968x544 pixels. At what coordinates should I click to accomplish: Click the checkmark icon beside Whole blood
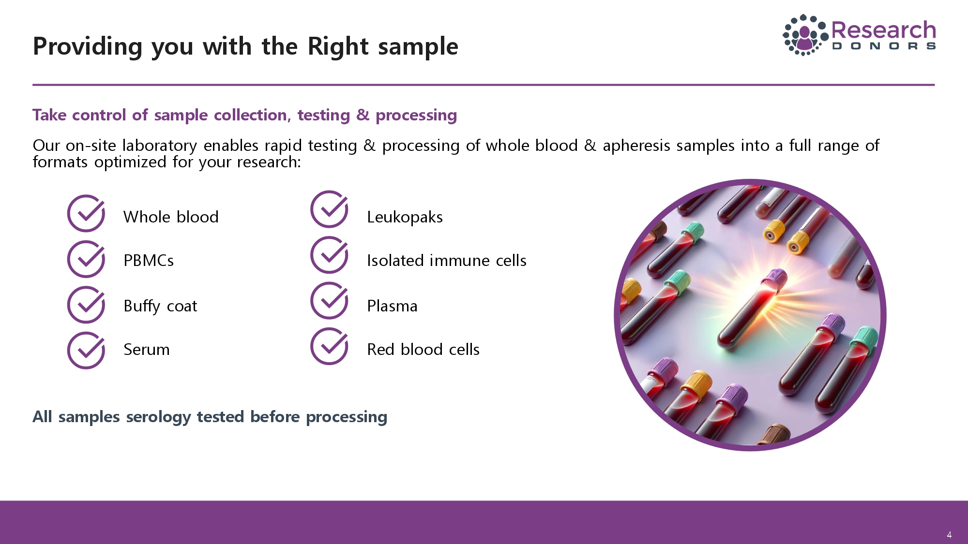coord(86,213)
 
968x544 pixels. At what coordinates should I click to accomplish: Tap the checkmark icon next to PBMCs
coord(86,259)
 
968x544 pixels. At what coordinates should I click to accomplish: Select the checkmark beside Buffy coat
coord(86,305)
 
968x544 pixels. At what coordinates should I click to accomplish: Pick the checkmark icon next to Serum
coord(86,350)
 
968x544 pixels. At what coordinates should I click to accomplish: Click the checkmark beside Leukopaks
coord(329,209)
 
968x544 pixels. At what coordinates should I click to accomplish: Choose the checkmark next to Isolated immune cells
coord(329,255)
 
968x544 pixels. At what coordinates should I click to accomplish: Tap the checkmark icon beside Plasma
coord(329,300)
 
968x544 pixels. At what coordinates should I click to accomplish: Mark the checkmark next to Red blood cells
coord(329,346)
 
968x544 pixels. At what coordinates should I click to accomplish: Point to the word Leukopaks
coord(405,217)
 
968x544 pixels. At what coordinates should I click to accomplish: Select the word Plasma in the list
coord(392,306)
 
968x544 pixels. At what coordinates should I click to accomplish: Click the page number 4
coord(949,535)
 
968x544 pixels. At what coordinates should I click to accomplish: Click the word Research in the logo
coord(884,30)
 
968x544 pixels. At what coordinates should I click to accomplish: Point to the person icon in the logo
coord(804,38)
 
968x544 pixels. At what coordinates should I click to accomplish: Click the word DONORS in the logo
coord(884,46)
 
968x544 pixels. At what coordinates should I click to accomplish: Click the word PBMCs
coord(149,261)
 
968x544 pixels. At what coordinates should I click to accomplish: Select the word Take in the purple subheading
coord(49,115)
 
